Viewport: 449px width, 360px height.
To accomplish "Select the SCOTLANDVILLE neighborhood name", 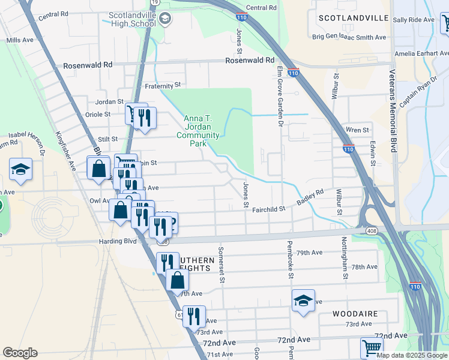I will pos(354,18).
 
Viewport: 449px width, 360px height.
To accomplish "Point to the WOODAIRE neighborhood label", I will pos(355,314).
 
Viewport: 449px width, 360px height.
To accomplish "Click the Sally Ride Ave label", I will pos(413,20).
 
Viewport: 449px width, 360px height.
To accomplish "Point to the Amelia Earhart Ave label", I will pos(421,54).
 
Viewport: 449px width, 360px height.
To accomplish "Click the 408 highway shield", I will pos(369,230).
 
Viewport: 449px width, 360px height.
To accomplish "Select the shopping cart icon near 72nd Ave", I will pos(372,347).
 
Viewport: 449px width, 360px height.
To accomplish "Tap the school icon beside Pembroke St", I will pos(303,301).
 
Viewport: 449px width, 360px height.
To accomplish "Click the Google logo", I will pos(20,353).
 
